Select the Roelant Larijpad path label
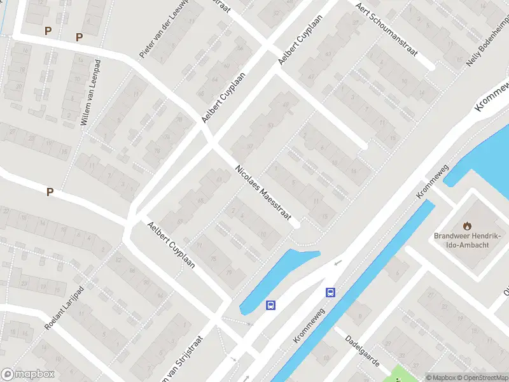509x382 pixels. [64, 310]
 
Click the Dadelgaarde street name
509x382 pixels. [363, 351]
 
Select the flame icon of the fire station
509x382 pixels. [468, 225]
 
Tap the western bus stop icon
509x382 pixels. [271, 305]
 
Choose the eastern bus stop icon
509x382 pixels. [330, 293]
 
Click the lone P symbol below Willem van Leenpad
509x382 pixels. [49, 192]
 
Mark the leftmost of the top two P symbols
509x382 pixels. [48, 31]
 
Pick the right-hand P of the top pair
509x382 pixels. [79, 37]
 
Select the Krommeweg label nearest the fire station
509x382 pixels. [433, 182]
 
